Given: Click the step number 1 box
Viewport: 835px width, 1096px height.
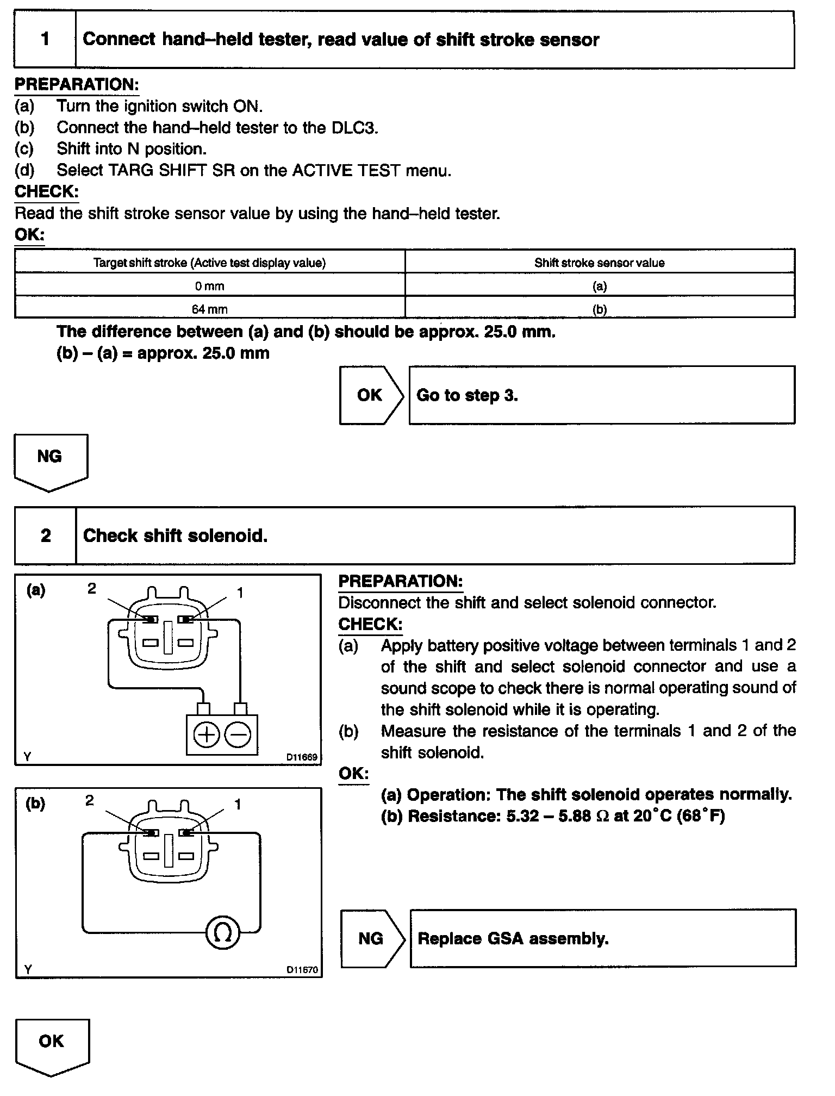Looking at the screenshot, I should (45, 40).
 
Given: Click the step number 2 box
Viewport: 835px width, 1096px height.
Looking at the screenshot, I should (45, 535).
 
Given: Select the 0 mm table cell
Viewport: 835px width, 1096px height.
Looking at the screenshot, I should (210, 286).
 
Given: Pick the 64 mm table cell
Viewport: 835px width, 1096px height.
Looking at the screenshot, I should (210, 309).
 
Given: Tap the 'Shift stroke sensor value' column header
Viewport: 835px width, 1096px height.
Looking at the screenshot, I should (599, 263).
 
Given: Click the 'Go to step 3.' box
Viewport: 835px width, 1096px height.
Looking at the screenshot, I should (601, 395).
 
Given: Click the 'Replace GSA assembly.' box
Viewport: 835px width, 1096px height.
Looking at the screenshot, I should (602, 939).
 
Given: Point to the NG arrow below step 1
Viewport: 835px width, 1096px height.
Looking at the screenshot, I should (50, 459).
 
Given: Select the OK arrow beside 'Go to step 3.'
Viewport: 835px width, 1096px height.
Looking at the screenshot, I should (371, 395).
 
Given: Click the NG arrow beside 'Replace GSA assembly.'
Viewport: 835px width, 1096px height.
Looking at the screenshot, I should (372, 939).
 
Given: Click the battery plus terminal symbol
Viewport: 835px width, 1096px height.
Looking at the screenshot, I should (206, 736).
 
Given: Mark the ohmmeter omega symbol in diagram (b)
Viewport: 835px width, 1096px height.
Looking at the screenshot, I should (223, 933).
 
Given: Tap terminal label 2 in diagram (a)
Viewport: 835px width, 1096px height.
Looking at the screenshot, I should (92, 588).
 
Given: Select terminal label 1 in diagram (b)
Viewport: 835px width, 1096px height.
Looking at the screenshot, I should (238, 804).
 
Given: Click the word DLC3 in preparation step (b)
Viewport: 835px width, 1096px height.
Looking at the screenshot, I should (353, 127).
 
